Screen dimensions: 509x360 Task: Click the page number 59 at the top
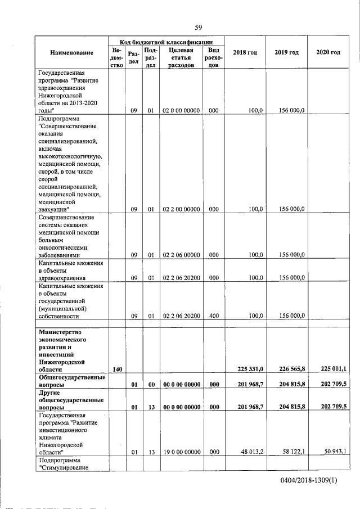(198, 27)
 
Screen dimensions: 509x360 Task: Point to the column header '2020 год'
(328, 53)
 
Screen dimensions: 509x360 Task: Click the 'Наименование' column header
(71, 53)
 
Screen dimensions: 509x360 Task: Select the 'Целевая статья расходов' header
(181, 57)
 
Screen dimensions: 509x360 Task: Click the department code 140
(118, 370)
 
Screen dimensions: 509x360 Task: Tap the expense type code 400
(213, 316)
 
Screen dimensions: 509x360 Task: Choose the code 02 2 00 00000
(181, 210)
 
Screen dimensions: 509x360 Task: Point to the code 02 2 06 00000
(181, 255)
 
